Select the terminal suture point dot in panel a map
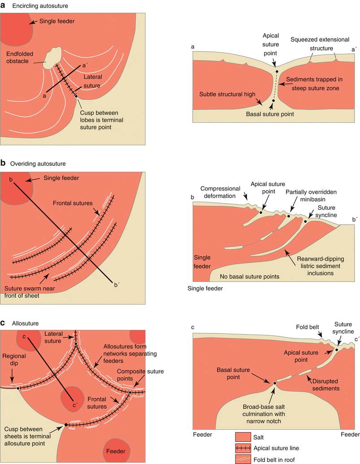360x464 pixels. [x=77, y=96]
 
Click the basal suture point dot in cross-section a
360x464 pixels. [x=273, y=101]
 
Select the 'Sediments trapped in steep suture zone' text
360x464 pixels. [x=314, y=83]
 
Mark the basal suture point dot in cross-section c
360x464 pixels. [x=273, y=383]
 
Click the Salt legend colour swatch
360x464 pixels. [x=246, y=436]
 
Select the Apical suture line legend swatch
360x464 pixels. [x=246, y=447]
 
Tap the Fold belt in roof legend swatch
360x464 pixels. [x=246, y=458]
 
